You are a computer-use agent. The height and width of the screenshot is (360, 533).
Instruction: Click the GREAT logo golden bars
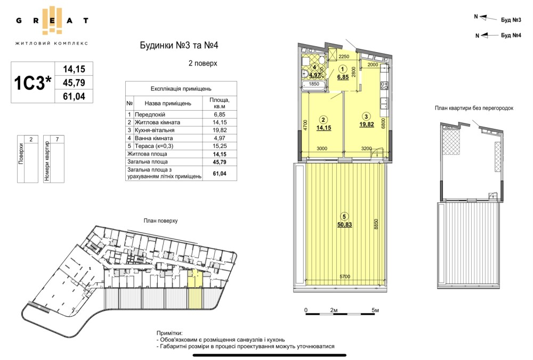52,20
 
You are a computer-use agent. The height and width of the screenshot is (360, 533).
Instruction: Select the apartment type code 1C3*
33,83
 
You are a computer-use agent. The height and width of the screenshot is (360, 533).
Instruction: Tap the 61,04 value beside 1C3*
74,96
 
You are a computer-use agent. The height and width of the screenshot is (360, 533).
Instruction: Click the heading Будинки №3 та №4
179,45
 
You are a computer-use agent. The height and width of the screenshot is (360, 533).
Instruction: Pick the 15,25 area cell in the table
220,146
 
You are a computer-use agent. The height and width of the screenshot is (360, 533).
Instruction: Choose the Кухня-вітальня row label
155,130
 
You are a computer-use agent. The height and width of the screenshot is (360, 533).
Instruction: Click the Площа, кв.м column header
220,103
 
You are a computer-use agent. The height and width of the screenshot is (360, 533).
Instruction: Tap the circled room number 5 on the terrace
344,216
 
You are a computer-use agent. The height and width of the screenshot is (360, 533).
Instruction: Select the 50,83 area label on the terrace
344,225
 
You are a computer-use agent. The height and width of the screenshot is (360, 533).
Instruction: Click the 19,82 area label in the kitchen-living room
367,124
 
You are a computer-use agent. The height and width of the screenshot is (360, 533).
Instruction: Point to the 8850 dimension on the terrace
376,225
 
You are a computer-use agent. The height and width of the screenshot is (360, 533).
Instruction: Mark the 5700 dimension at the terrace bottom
345,277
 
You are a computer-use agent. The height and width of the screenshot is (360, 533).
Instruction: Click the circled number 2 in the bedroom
324,119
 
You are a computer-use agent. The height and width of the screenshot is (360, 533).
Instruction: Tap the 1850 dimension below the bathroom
313,84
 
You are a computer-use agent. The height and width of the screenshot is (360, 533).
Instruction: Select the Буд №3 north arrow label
511,20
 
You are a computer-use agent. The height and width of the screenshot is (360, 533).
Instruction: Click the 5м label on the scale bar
375,310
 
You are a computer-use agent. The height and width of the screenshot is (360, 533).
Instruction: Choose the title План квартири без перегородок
474,108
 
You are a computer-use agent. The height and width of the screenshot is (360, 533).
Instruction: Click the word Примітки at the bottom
169,333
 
